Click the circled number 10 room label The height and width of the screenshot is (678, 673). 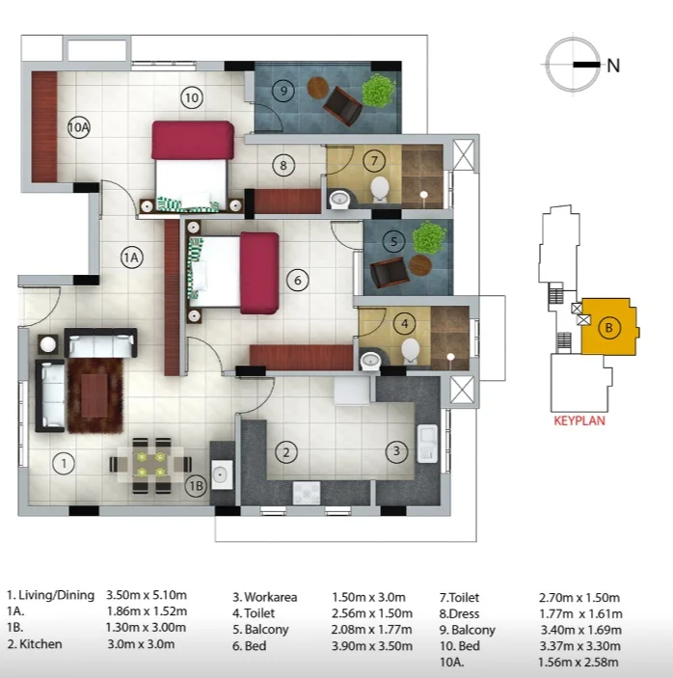click(192, 97)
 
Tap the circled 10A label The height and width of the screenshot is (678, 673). click(79, 127)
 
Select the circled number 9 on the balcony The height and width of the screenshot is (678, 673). click(283, 91)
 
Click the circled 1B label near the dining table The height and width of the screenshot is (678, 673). click(197, 485)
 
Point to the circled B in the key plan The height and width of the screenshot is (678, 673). click(608, 327)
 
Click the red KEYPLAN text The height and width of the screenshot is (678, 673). click(579, 420)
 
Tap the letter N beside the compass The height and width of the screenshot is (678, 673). click(613, 66)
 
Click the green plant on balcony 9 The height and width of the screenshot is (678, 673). click(379, 92)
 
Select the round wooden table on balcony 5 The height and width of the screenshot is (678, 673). click(420, 265)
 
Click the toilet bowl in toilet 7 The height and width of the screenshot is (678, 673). click(380, 189)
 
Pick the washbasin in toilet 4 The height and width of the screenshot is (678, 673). click(370, 361)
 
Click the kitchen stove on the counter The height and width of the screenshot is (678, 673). click(307, 493)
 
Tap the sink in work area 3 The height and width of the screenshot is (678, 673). click(427, 444)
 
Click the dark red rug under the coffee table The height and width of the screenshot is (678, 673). click(95, 395)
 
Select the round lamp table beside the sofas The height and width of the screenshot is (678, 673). click(47, 344)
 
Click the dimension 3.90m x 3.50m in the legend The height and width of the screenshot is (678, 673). click(372, 646)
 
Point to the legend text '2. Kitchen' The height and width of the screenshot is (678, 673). click(35, 644)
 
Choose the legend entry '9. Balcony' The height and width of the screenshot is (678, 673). click(468, 630)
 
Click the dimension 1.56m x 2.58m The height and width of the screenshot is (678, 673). click(579, 662)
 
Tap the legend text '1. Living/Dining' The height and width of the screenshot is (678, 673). click(50, 595)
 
